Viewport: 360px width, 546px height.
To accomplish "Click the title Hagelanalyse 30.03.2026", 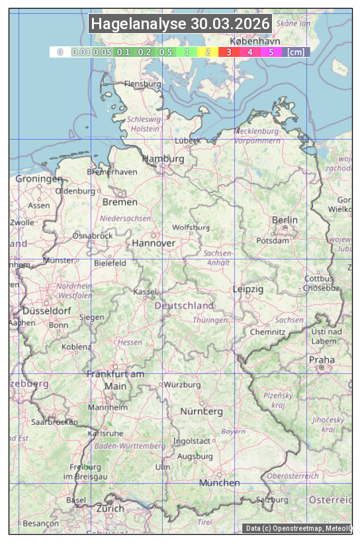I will click(180, 24).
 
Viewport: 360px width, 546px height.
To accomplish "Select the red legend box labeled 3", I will click(228, 52).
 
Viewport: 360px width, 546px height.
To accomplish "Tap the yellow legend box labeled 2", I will click(208, 52).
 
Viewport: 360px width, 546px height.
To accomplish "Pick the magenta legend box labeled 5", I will click(271, 52).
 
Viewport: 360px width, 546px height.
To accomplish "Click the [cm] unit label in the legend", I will click(295, 52).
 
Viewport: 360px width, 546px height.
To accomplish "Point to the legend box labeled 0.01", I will click(81, 52).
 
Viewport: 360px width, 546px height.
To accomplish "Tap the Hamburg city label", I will click(163, 159).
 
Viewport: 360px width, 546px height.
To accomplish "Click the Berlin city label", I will click(285, 220).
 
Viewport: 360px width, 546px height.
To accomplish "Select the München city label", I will click(219, 482).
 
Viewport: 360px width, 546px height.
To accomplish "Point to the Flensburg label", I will click(142, 84).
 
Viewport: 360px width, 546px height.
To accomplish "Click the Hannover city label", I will click(154, 243).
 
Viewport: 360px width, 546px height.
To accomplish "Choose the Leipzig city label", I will click(248, 289).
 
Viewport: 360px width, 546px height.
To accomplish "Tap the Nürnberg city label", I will click(202, 411).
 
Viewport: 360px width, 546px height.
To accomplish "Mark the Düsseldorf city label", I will click(46, 310).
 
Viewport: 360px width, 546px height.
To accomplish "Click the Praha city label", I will click(321, 360).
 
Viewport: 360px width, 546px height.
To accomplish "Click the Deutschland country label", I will click(184, 305).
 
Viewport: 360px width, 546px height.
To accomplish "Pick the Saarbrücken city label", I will click(54, 421).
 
